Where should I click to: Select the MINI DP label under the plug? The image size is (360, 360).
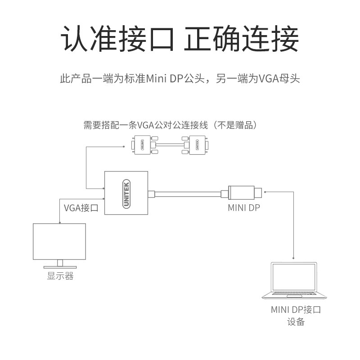pos(244,208)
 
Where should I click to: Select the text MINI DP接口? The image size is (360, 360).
pos(296,310)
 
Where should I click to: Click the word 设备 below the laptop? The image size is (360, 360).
pos(296,322)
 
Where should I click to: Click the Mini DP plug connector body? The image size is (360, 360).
pos(243,193)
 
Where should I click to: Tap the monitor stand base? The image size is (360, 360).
pos(59,268)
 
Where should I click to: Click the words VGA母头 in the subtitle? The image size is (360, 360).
pos(279,79)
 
